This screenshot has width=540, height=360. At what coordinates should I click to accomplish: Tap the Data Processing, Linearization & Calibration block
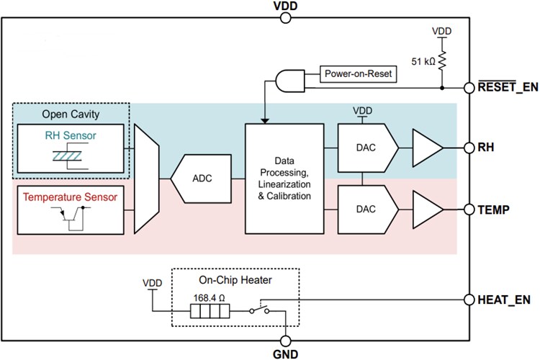pos(285,179)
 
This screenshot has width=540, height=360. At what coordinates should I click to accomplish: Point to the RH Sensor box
pos(69,148)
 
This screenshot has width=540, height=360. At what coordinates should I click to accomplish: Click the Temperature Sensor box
pos(69,210)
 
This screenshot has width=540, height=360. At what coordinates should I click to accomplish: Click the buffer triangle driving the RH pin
pos(426,145)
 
